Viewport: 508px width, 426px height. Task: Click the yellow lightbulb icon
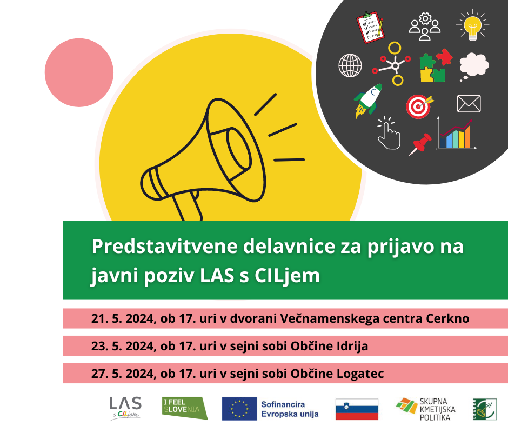[473, 25]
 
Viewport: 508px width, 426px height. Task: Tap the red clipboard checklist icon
[370, 27]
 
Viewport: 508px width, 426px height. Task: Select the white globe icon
[350, 65]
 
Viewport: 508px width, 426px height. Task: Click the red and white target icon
[419, 106]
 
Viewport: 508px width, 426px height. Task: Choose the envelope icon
[469, 103]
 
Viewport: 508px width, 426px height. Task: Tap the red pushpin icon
[420, 144]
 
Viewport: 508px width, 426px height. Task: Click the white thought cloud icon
[473, 66]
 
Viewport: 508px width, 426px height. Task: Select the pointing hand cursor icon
[389, 133]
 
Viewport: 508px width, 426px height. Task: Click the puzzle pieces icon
[436, 65]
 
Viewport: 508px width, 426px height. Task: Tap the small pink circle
[79, 72]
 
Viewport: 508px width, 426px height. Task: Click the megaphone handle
[188, 206]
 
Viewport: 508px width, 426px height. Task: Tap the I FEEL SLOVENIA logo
[185, 408]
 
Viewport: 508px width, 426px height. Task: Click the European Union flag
[239, 409]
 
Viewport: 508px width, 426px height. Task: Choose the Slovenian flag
[357, 409]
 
